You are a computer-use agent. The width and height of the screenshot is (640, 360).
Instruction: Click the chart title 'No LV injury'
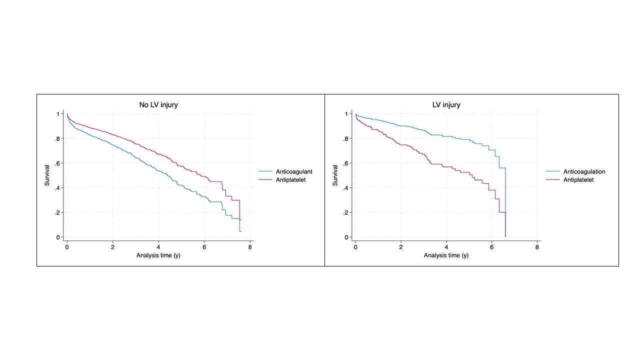pos(158,105)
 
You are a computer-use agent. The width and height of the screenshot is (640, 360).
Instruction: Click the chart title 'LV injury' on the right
pos(446,105)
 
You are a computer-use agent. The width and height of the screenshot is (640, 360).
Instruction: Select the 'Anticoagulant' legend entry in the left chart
pos(294,172)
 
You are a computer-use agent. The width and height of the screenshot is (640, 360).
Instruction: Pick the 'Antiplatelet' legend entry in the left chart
pos(290,180)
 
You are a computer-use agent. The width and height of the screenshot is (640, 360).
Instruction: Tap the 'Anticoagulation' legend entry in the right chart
pos(584,172)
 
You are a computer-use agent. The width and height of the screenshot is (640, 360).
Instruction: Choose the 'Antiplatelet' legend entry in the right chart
pos(578,180)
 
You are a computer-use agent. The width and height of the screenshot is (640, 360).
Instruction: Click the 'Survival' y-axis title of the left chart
pos(47,175)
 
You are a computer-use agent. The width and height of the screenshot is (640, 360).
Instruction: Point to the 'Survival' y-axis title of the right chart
pos(335,175)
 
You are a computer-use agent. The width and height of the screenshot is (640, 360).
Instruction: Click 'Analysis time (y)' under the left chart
pos(158,255)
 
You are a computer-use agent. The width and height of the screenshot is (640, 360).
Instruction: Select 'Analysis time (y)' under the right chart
pos(446,255)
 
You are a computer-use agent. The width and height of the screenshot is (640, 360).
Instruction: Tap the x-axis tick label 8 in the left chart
pos(250,247)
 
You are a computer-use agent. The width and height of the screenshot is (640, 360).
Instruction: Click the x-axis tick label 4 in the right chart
pos(446,247)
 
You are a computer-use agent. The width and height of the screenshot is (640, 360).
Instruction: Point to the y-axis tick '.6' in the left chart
pos(57,163)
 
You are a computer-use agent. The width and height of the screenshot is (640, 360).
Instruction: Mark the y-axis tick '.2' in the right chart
pos(345,213)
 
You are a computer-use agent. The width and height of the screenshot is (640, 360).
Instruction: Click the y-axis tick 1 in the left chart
pos(59,114)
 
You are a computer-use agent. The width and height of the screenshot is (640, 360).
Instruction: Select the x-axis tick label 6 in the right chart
pos(492,247)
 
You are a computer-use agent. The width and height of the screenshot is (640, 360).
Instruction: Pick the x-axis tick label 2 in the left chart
pos(112,247)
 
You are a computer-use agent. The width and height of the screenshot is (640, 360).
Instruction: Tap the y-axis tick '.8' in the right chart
pos(345,138)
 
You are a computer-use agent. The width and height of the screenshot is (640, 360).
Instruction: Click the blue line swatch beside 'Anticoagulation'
pos(552,172)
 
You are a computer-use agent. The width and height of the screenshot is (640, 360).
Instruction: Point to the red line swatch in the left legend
pos(264,180)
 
